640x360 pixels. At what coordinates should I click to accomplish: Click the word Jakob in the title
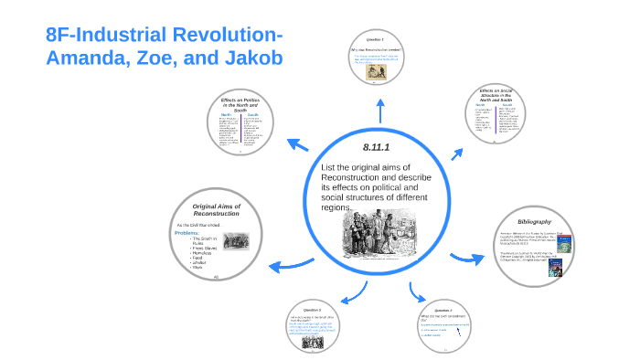[248, 59]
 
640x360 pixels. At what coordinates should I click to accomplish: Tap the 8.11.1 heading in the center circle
[376, 146]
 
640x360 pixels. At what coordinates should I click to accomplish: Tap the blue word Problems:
[187, 233]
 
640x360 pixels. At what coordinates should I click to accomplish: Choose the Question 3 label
[443, 311]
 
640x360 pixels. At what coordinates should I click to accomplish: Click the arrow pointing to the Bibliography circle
[469, 259]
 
